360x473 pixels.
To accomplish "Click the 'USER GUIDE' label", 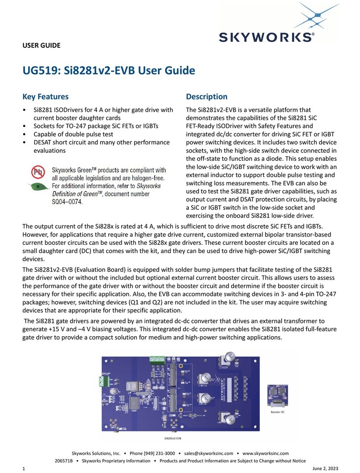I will point(41,45).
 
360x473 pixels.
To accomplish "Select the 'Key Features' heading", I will point(45,97).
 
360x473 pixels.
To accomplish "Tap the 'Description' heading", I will point(206,97).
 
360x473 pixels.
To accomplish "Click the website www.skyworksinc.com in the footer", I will point(266,453).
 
